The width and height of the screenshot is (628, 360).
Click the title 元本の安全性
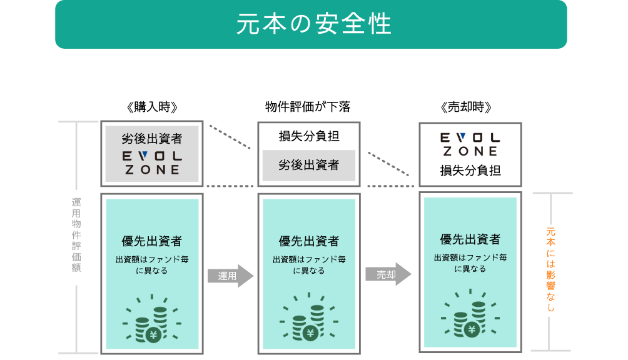coord(313,24)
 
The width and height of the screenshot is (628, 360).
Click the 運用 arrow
coord(230,276)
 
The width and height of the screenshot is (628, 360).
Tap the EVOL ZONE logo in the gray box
coord(152,162)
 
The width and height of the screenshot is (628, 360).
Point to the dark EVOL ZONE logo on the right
coord(470,144)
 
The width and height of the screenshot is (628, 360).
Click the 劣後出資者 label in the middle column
coord(308,165)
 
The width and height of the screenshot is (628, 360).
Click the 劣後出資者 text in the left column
coord(152,138)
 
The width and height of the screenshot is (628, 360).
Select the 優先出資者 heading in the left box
coord(152,241)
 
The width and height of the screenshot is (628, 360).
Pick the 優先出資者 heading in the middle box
coord(309,241)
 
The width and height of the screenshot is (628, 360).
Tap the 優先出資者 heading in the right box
coord(470,239)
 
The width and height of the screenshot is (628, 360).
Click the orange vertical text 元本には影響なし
coord(550,269)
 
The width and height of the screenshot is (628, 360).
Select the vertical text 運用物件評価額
coord(76,235)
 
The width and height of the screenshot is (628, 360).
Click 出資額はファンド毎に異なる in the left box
coord(152,265)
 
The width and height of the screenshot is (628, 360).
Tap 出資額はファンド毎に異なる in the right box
coord(470,263)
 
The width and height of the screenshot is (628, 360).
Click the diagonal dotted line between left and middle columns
coord(230,137)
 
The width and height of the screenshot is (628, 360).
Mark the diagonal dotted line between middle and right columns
coord(388,164)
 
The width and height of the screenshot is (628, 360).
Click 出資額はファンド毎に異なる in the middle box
coord(309,265)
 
